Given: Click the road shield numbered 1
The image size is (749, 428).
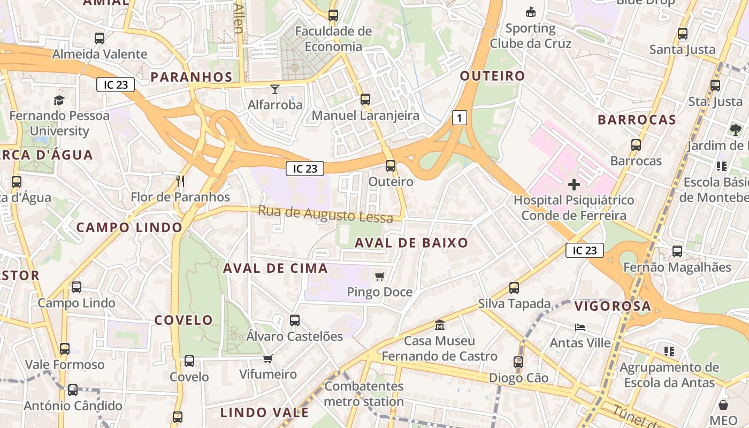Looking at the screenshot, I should click(459, 118).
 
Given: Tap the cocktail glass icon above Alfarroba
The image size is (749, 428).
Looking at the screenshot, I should click(275, 89).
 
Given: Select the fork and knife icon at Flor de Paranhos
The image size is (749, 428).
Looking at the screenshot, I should click(180, 181).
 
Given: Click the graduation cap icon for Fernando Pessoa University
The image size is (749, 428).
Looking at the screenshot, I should click(59, 100).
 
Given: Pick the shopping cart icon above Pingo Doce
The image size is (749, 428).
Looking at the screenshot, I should click(380, 276).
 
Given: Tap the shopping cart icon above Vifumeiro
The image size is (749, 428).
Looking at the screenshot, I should click(267, 358).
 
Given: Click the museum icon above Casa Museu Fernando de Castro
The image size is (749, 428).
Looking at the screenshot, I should click(440, 325).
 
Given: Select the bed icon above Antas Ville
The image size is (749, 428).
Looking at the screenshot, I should click(580, 327).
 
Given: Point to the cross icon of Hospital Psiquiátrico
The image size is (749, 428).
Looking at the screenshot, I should click(574, 185).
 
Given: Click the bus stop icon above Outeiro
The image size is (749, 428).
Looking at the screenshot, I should click(391, 166).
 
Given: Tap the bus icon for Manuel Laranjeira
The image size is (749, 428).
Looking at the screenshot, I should click(365, 100).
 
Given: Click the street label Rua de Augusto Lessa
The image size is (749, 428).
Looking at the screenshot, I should click(325, 214).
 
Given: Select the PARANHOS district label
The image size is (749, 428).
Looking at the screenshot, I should click(192, 77).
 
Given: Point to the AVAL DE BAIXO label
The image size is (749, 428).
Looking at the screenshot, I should click(411, 243).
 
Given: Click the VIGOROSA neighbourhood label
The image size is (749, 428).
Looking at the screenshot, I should click(613, 307).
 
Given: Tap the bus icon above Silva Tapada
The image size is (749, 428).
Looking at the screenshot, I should click(514, 288).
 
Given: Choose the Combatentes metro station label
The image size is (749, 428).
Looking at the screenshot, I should click(364, 394).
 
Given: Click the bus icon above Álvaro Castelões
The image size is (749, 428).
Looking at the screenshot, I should click(295, 320).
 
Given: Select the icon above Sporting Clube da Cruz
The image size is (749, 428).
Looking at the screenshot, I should click(531, 12).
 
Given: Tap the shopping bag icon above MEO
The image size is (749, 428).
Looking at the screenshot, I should click(723, 404).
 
